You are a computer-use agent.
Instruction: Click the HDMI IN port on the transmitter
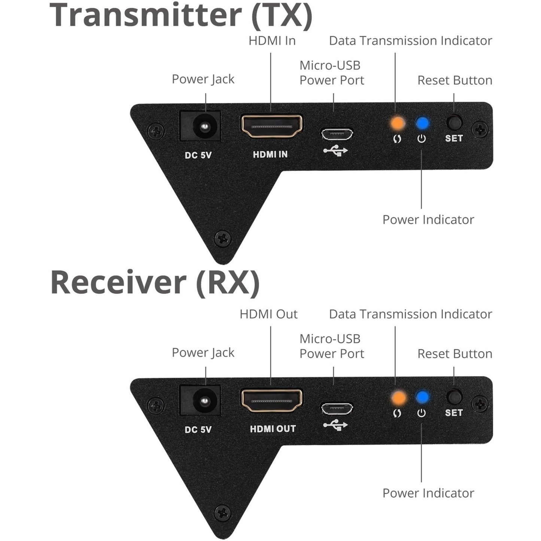coord(272,126)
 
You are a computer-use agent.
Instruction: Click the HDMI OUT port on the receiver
coord(272,400)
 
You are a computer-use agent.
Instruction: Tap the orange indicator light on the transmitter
coord(397,123)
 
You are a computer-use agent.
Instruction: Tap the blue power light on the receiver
coord(422,397)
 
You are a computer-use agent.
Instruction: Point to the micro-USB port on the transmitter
coord(337,134)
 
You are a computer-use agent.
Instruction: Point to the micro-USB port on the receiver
coord(337,408)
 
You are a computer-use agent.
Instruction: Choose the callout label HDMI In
coord(272,40)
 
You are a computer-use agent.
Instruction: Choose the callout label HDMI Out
coord(268,314)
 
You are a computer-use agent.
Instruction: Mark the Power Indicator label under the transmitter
coord(428,220)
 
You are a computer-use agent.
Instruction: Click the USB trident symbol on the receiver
coord(335,425)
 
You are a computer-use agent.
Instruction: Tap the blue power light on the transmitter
coord(422,123)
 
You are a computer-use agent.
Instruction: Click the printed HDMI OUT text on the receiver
coord(273,429)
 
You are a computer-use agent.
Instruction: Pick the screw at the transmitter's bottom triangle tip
coord(222,238)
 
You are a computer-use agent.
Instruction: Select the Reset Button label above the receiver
coord(455,354)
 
